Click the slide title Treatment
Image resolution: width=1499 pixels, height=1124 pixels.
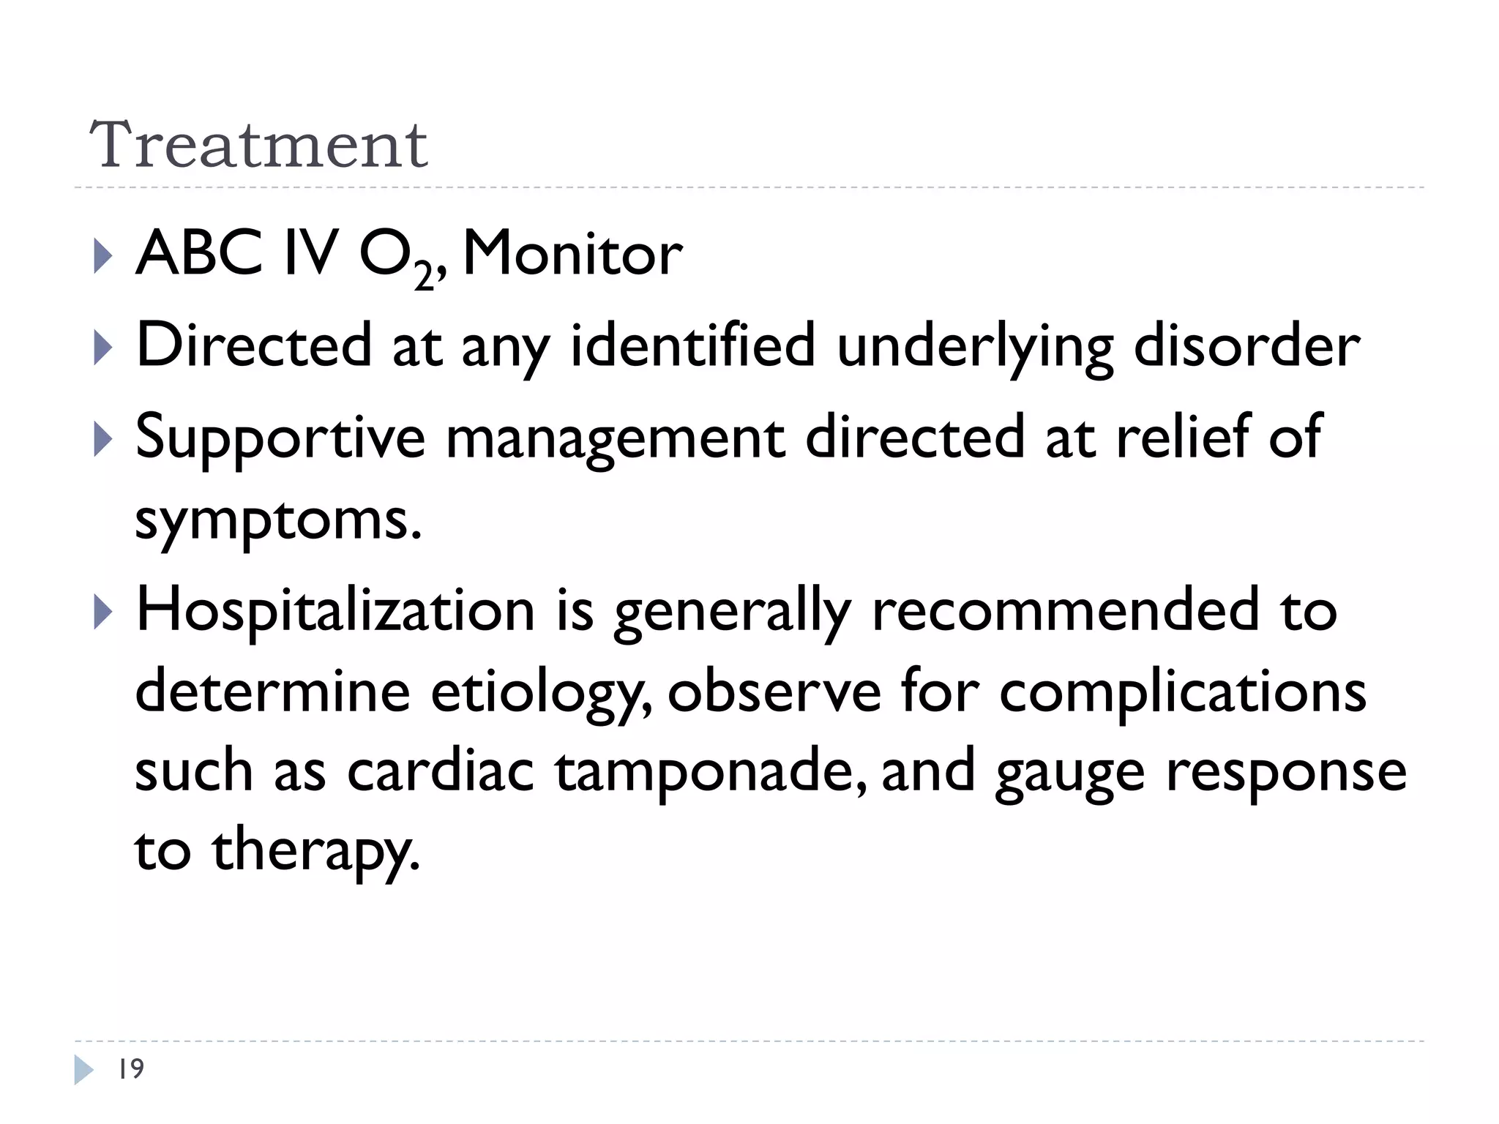[x=258, y=144]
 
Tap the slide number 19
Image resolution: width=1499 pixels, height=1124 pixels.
[x=131, y=1069]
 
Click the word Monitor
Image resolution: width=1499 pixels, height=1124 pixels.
[x=572, y=254]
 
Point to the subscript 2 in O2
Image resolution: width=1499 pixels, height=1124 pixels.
[x=424, y=276]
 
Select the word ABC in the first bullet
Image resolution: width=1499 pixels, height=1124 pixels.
[x=199, y=254]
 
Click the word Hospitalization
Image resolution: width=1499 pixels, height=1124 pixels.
[x=336, y=610]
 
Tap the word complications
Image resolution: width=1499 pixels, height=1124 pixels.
[x=1182, y=691]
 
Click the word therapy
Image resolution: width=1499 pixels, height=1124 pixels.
[x=316, y=852]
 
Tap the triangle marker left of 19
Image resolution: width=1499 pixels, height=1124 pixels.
[x=83, y=1070]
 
